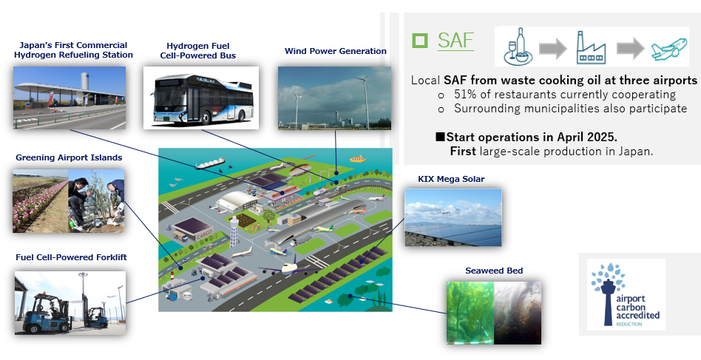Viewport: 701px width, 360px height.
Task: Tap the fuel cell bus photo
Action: (x=200, y=97)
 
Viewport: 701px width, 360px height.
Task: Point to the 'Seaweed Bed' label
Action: (x=493, y=271)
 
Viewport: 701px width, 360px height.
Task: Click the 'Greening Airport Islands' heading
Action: (x=69, y=157)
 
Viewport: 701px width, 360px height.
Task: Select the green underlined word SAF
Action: (x=456, y=41)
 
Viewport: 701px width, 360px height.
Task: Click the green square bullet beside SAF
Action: (x=421, y=41)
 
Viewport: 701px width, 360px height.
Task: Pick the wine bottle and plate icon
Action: (x=515, y=49)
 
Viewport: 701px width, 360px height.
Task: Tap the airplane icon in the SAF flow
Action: (x=669, y=50)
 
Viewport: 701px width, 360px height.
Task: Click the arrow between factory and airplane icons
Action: (x=630, y=49)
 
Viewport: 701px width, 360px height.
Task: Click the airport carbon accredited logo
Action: (x=626, y=293)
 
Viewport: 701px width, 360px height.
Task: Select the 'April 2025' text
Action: (x=594, y=137)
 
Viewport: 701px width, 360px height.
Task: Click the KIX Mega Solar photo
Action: (x=453, y=217)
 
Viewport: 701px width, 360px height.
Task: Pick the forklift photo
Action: (x=70, y=302)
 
